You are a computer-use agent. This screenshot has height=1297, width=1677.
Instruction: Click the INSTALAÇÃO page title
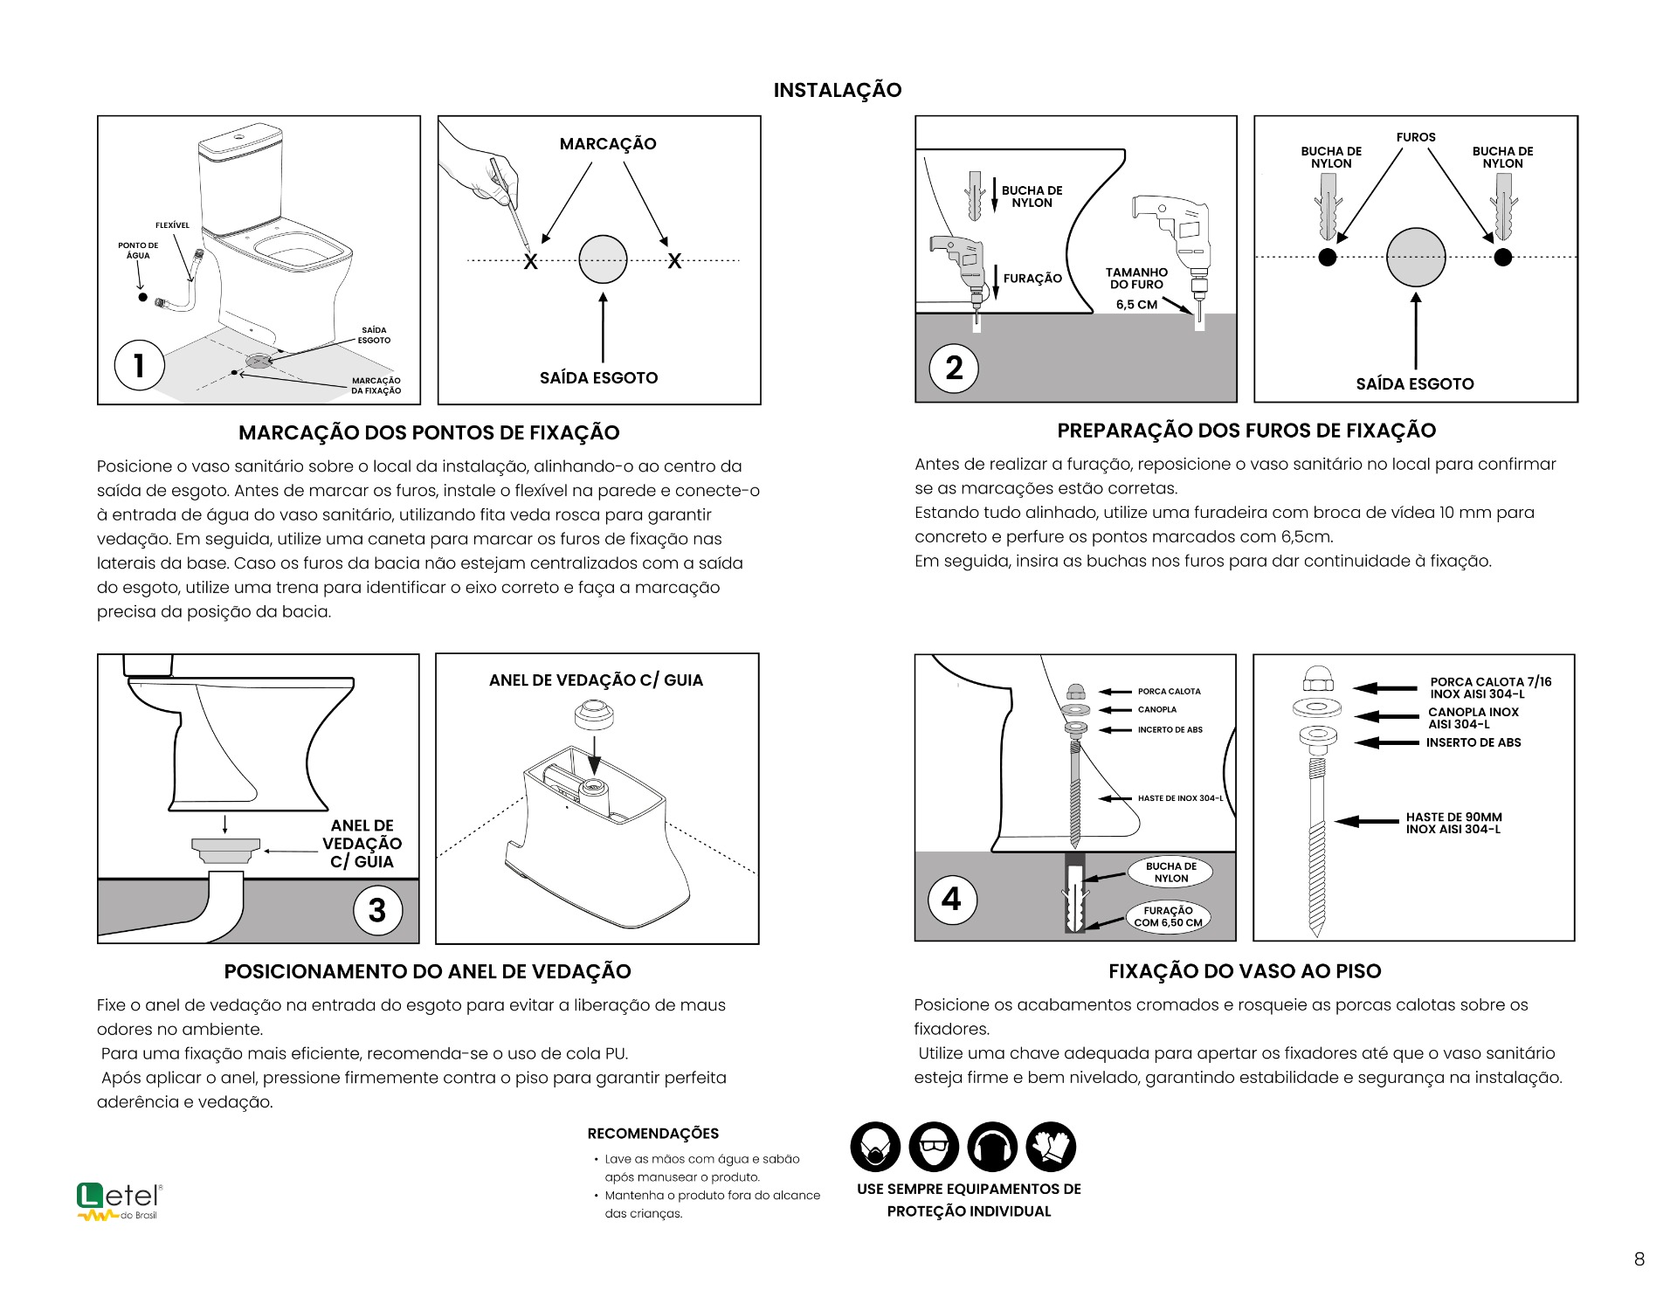pos(837,90)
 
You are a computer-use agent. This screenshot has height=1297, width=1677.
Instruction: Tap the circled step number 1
pos(140,365)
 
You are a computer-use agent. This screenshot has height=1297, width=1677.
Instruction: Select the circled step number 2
pos(954,368)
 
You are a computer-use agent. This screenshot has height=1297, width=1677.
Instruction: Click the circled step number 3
pos(377,910)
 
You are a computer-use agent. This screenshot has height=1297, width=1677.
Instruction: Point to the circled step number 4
pos(952,899)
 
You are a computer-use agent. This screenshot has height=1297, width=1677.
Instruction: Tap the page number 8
pos(1639,1259)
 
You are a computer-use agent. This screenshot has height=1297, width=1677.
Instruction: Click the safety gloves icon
pos(1051,1147)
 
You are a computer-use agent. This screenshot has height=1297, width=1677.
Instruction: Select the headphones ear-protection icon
pos(992,1147)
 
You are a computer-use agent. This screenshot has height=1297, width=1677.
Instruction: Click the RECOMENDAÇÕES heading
pos(652,1134)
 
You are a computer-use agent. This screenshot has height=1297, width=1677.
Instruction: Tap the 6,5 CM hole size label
pos(1136,305)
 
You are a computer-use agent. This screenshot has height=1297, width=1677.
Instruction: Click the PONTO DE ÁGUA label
pos(138,251)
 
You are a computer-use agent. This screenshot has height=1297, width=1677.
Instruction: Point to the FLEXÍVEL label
pos(172,225)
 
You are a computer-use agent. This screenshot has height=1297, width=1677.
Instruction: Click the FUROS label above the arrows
pos(1415,137)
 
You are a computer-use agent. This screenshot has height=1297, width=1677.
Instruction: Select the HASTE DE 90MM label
pos(1453,823)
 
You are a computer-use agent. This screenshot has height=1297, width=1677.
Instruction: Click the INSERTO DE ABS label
pos(1473,742)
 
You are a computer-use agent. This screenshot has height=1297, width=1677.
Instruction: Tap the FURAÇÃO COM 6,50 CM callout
pos(1168,916)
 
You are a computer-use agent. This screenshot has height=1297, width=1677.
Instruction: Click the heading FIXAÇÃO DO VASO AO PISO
pos(1245,971)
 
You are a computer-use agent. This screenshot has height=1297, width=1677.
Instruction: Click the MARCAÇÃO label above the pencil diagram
pos(608,144)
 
